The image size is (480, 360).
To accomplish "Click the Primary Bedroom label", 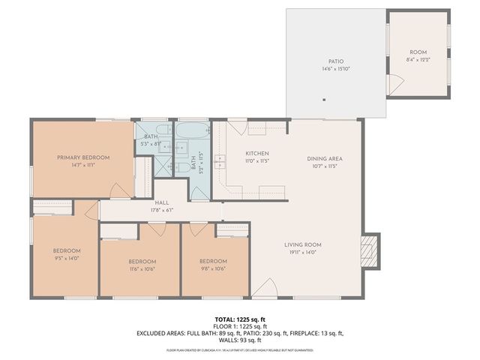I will [x=83, y=157].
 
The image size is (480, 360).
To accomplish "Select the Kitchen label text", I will [x=256, y=154].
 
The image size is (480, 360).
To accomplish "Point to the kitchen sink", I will [x=221, y=160].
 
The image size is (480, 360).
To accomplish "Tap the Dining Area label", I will [x=325, y=158].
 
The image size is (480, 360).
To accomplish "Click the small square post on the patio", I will [x=323, y=99].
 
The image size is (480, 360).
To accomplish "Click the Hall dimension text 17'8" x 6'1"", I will [x=162, y=211].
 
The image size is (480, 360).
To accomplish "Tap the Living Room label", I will [x=302, y=245].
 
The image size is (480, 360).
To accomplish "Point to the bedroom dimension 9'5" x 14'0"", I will [x=66, y=259].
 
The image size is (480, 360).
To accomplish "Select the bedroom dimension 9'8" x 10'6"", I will [x=213, y=268].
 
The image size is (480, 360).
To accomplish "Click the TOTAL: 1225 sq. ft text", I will [x=240, y=319].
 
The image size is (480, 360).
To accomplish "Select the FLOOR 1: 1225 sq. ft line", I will [x=240, y=326].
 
